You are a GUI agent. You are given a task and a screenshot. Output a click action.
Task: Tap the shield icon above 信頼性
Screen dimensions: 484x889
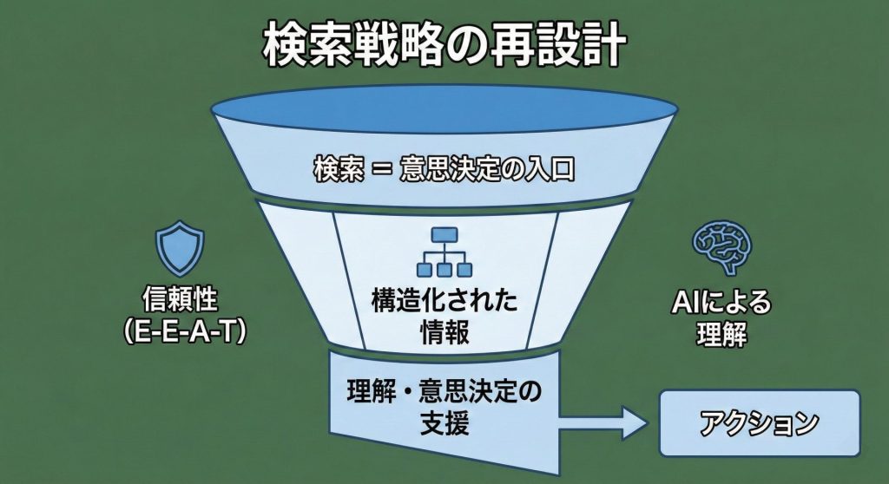coord(180,250)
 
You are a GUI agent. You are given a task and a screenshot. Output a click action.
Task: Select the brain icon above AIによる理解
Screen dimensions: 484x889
coord(721,245)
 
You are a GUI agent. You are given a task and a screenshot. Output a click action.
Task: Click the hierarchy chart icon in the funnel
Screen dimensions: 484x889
coord(444,252)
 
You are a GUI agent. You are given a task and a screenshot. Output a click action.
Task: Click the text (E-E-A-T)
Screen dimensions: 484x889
coord(181,331)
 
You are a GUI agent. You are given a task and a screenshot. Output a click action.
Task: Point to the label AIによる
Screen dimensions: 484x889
coord(721,304)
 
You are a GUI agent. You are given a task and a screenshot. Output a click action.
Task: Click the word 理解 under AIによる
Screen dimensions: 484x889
coord(721,336)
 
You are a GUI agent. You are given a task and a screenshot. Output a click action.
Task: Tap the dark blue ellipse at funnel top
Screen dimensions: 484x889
coord(444,109)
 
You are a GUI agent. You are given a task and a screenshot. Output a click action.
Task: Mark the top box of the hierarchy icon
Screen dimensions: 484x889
coord(444,234)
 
